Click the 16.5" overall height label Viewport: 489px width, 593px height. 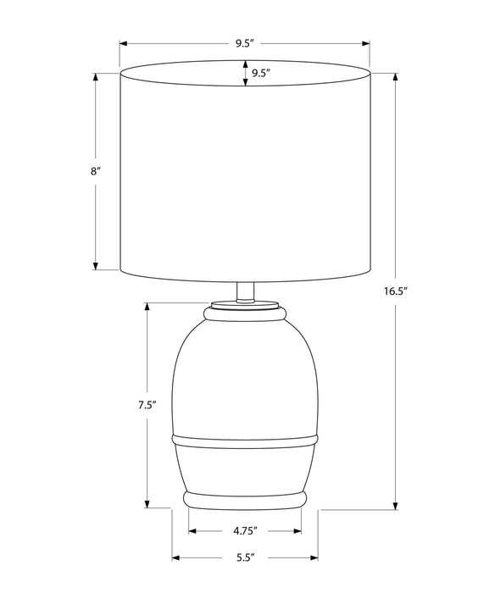click(396, 291)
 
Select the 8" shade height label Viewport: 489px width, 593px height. click(95, 171)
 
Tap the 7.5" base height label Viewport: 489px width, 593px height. click(147, 406)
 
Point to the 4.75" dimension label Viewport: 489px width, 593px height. click(245, 531)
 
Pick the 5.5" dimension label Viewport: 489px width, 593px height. click(245, 557)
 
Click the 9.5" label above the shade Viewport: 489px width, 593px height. click(244, 43)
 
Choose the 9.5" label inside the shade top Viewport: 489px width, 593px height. click(260, 73)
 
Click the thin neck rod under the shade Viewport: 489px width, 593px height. click(245, 292)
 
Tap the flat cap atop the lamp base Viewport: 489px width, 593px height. click(245, 304)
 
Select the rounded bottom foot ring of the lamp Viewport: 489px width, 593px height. click(245, 500)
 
